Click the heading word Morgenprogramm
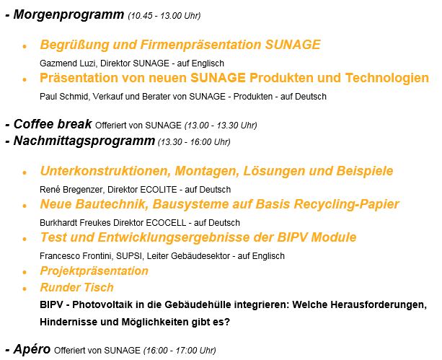68,14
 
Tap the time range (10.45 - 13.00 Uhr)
164,16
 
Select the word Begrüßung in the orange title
74,45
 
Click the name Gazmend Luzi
67,63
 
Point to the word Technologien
387,78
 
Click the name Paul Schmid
63,97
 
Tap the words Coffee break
53,124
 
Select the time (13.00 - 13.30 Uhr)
221,126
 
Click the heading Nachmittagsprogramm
84,141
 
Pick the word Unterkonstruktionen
105,171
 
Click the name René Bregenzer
71,190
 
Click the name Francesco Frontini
76,256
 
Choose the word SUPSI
130,256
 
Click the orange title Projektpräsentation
94,271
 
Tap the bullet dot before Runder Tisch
25,289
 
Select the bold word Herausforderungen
379,305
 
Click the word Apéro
32,349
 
